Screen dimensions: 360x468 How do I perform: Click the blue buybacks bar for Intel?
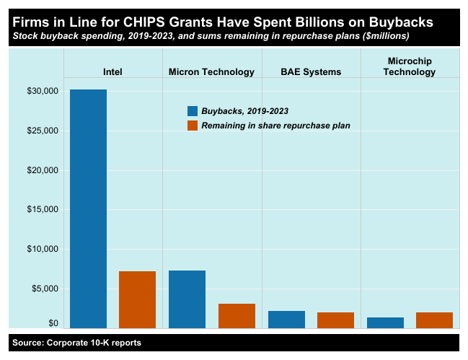[x=88, y=208]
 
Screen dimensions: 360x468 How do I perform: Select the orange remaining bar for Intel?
[x=137, y=299]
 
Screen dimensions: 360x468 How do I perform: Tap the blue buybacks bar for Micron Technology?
[x=187, y=299]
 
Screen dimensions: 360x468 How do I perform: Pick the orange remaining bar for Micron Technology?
[x=237, y=315]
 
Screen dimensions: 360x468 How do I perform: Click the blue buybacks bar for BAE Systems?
[x=286, y=319]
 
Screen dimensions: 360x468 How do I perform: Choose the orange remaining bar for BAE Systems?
[x=335, y=320]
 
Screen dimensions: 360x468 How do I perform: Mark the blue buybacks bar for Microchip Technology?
[x=385, y=322]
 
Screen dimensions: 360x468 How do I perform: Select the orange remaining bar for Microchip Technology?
[x=434, y=320]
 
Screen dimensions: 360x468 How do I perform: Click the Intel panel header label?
[x=112, y=71]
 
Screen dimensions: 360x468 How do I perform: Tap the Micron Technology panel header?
[x=211, y=71]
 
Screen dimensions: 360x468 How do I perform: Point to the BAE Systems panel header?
[x=311, y=71]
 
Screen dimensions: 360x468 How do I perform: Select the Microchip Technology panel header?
[x=410, y=66]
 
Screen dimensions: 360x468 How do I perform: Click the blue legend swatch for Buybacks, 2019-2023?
[x=193, y=111]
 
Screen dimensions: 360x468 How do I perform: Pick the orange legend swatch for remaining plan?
[x=193, y=126]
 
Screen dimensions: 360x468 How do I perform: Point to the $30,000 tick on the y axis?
[x=43, y=92]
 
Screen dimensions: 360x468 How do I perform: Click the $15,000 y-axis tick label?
[x=43, y=210]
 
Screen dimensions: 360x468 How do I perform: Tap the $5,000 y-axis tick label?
[x=45, y=289]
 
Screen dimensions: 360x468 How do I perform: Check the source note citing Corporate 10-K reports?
[x=76, y=343]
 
